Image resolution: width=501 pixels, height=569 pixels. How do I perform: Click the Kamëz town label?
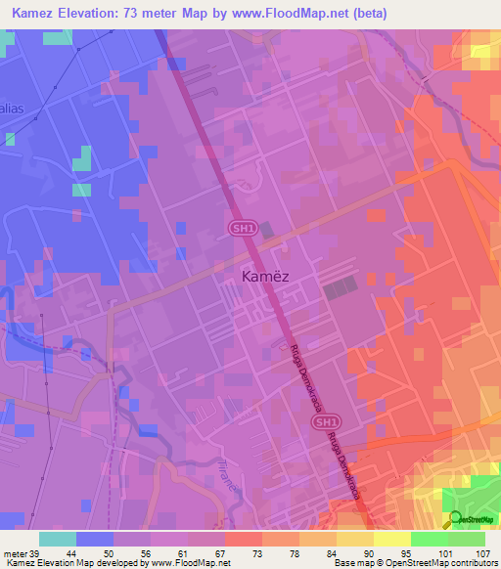click(264, 277)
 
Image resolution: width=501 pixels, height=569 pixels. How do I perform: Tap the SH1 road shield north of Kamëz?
click(240, 228)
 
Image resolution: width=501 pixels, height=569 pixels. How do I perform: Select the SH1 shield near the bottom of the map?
click(326, 420)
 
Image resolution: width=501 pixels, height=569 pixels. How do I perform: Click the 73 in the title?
click(137, 13)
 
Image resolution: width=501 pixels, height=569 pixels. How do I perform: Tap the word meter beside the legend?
click(16, 553)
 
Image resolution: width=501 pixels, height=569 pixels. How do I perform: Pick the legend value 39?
click(37, 553)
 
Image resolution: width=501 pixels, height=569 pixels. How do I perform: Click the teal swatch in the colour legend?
click(57, 539)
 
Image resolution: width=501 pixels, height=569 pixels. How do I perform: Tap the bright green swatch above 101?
click(429, 539)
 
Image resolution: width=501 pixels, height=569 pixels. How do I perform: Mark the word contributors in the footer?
click(470, 563)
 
